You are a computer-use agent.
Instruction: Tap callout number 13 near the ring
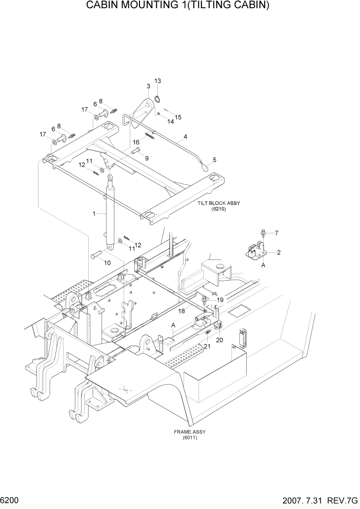158,81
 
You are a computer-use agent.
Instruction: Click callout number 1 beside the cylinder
94,213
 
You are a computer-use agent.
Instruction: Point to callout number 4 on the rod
185,137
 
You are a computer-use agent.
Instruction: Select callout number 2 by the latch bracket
279,252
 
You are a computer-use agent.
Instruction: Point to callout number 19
220,300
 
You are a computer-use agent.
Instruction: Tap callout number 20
220,340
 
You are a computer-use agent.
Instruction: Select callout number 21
207,347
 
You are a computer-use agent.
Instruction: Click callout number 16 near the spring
136,142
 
